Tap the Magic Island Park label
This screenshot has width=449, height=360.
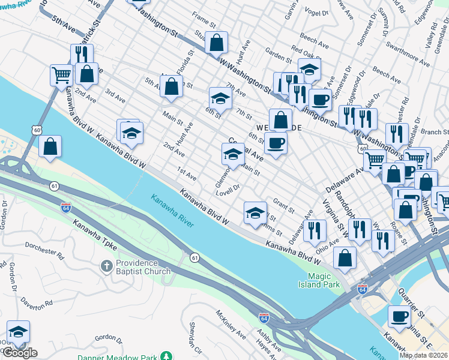pos(324,280)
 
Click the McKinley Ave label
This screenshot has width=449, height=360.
pos(231,324)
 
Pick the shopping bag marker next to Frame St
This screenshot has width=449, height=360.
pos(217,43)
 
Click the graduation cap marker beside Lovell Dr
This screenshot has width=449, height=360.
pos(255,212)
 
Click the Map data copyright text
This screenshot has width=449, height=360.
pos(423,355)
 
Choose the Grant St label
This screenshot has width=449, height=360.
pos(283,206)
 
